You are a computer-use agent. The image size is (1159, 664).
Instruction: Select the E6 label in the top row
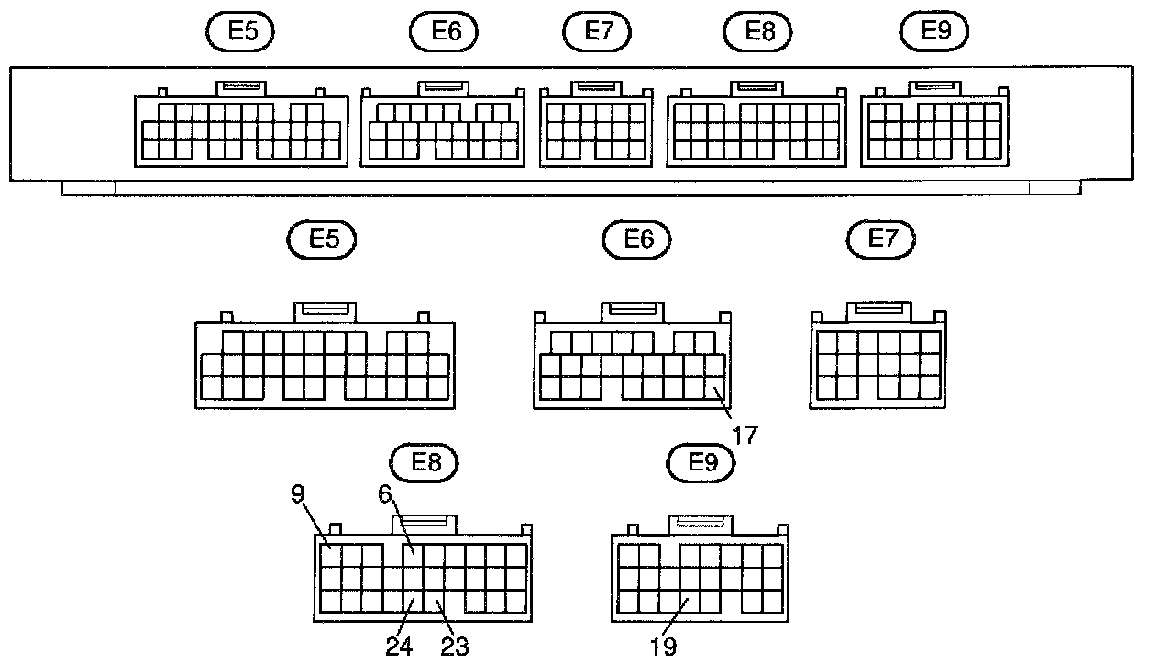coord(446,32)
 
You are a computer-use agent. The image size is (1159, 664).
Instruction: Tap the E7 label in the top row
coord(597,32)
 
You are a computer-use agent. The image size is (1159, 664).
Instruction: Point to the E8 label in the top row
coord(758,32)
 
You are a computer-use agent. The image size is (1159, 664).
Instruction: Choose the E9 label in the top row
coord(934,32)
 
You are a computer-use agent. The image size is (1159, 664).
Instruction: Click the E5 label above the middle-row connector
coord(321,239)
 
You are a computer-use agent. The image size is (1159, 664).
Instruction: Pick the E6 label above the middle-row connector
coord(636,239)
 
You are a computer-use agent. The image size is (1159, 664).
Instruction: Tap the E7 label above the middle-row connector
coord(881,239)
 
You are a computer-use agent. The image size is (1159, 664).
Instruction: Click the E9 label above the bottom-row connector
coord(701,463)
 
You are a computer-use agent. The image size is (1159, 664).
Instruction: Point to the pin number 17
coord(745,435)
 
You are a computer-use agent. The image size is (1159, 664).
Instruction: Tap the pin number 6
coord(386,494)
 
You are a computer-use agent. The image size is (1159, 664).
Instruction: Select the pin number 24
coord(398,647)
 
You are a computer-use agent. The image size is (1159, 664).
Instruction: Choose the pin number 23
coord(454,647)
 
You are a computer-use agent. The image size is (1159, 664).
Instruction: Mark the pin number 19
coord(664,647)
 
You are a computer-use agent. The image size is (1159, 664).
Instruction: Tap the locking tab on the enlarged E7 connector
coord(878,311)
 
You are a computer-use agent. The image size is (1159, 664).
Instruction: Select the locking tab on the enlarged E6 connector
coord(633,311)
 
